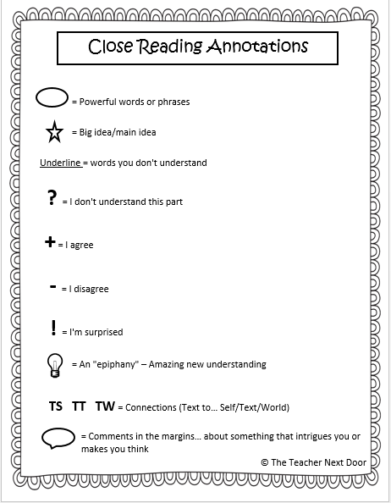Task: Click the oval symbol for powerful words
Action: pos(52,100)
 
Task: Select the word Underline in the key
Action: pos(60,163)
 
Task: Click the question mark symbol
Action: pos(52,200)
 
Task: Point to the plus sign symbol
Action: pos(49,243)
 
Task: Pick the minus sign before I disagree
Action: pos(52,288)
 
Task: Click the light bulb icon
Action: pos(55,365)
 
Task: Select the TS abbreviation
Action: pos(55,406)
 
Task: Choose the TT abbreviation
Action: pos(79,406)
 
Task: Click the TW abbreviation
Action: pos(105,406)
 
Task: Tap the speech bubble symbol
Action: pos(58,438)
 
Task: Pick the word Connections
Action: pos(153,407)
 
